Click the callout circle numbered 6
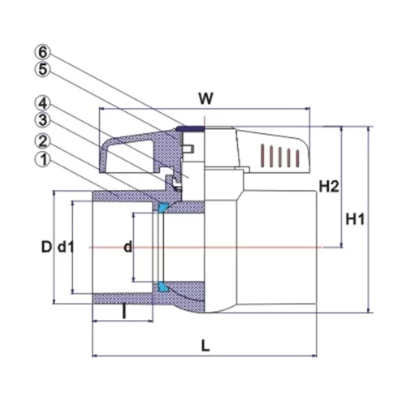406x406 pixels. point(43,52)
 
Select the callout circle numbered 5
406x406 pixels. point(43,70)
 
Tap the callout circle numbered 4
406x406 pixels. point(43,103)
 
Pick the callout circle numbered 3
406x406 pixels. point(43,120)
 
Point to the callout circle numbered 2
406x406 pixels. point(43,141)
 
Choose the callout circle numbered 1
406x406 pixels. point(43,159)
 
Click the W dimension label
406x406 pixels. point(206,98)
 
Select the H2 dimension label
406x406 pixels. point(329,187)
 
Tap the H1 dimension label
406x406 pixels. point(355,219)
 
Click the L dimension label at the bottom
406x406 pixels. point(205,346)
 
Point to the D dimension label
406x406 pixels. point(46,247)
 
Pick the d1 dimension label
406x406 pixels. point(66,247)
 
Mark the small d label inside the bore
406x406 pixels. point(127,247)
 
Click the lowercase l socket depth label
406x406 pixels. point(124,311)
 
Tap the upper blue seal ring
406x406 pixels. point(162,207)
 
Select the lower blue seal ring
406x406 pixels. point(163,287)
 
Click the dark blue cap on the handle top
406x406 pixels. point(190,128)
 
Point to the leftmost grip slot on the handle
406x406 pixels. point(262,155)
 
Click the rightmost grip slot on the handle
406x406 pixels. point(298,158)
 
